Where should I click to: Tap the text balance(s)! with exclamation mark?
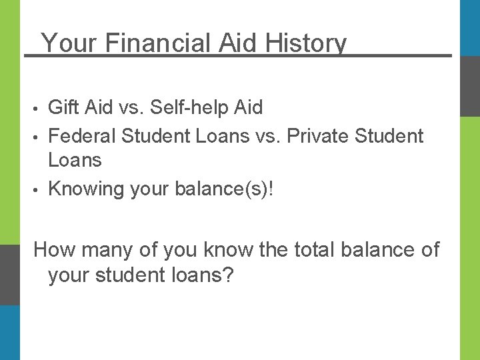click(x=224, y=189)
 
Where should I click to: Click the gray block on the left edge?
click(x=9, y=274)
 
